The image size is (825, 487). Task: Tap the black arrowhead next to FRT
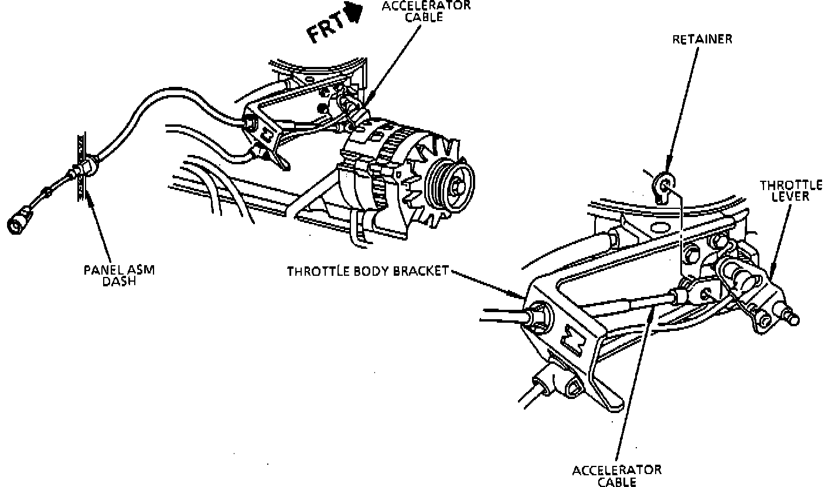(x=354, y=12)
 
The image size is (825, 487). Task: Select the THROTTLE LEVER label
(x=790, y=191)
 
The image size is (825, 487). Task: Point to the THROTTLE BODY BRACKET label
(x=367, y=271)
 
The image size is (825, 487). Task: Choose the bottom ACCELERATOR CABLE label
(x=617, y=475)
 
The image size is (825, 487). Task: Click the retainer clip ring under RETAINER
(x=664, y=186)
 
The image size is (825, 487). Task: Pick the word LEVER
(x=790, y=197)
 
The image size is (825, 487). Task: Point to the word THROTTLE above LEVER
(x=790, y=185)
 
